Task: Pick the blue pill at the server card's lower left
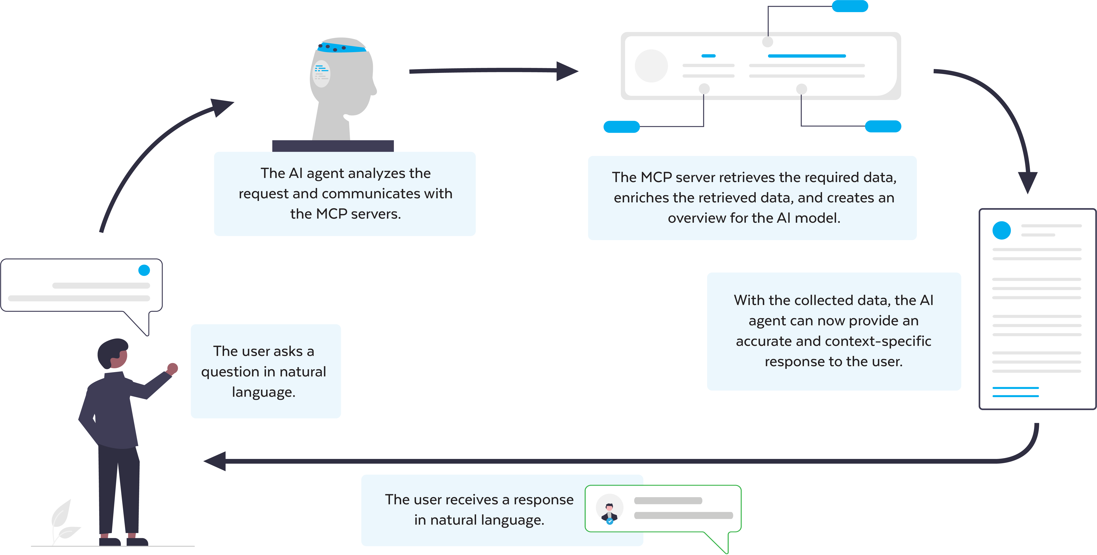coord(621,127)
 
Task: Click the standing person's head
coord(113,353)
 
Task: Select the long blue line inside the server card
coord(807,56)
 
